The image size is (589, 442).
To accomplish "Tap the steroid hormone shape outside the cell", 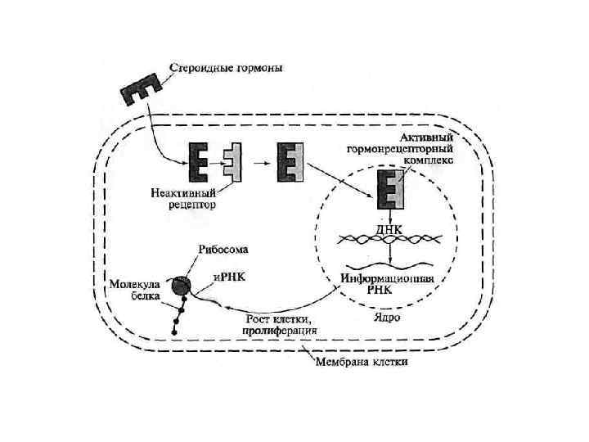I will pyautogui.click(x=142, y=92).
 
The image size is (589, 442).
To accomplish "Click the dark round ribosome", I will pyautogui.click(x=182, y=285).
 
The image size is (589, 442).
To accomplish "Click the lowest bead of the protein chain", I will pyautogui.click(x=174, y=331).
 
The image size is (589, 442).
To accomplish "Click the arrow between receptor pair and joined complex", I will pyautogui.click(x=263, y=161).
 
